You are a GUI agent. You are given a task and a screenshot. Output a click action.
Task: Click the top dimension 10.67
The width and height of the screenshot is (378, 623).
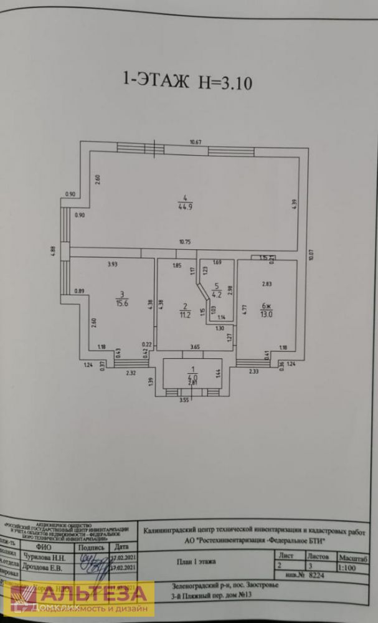(x=196, y=142)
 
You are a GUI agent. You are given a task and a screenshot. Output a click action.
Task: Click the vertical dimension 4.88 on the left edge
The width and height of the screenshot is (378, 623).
(x=53, y=250)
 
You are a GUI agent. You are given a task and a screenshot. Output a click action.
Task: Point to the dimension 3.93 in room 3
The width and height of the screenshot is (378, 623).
(x=113, y=264)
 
